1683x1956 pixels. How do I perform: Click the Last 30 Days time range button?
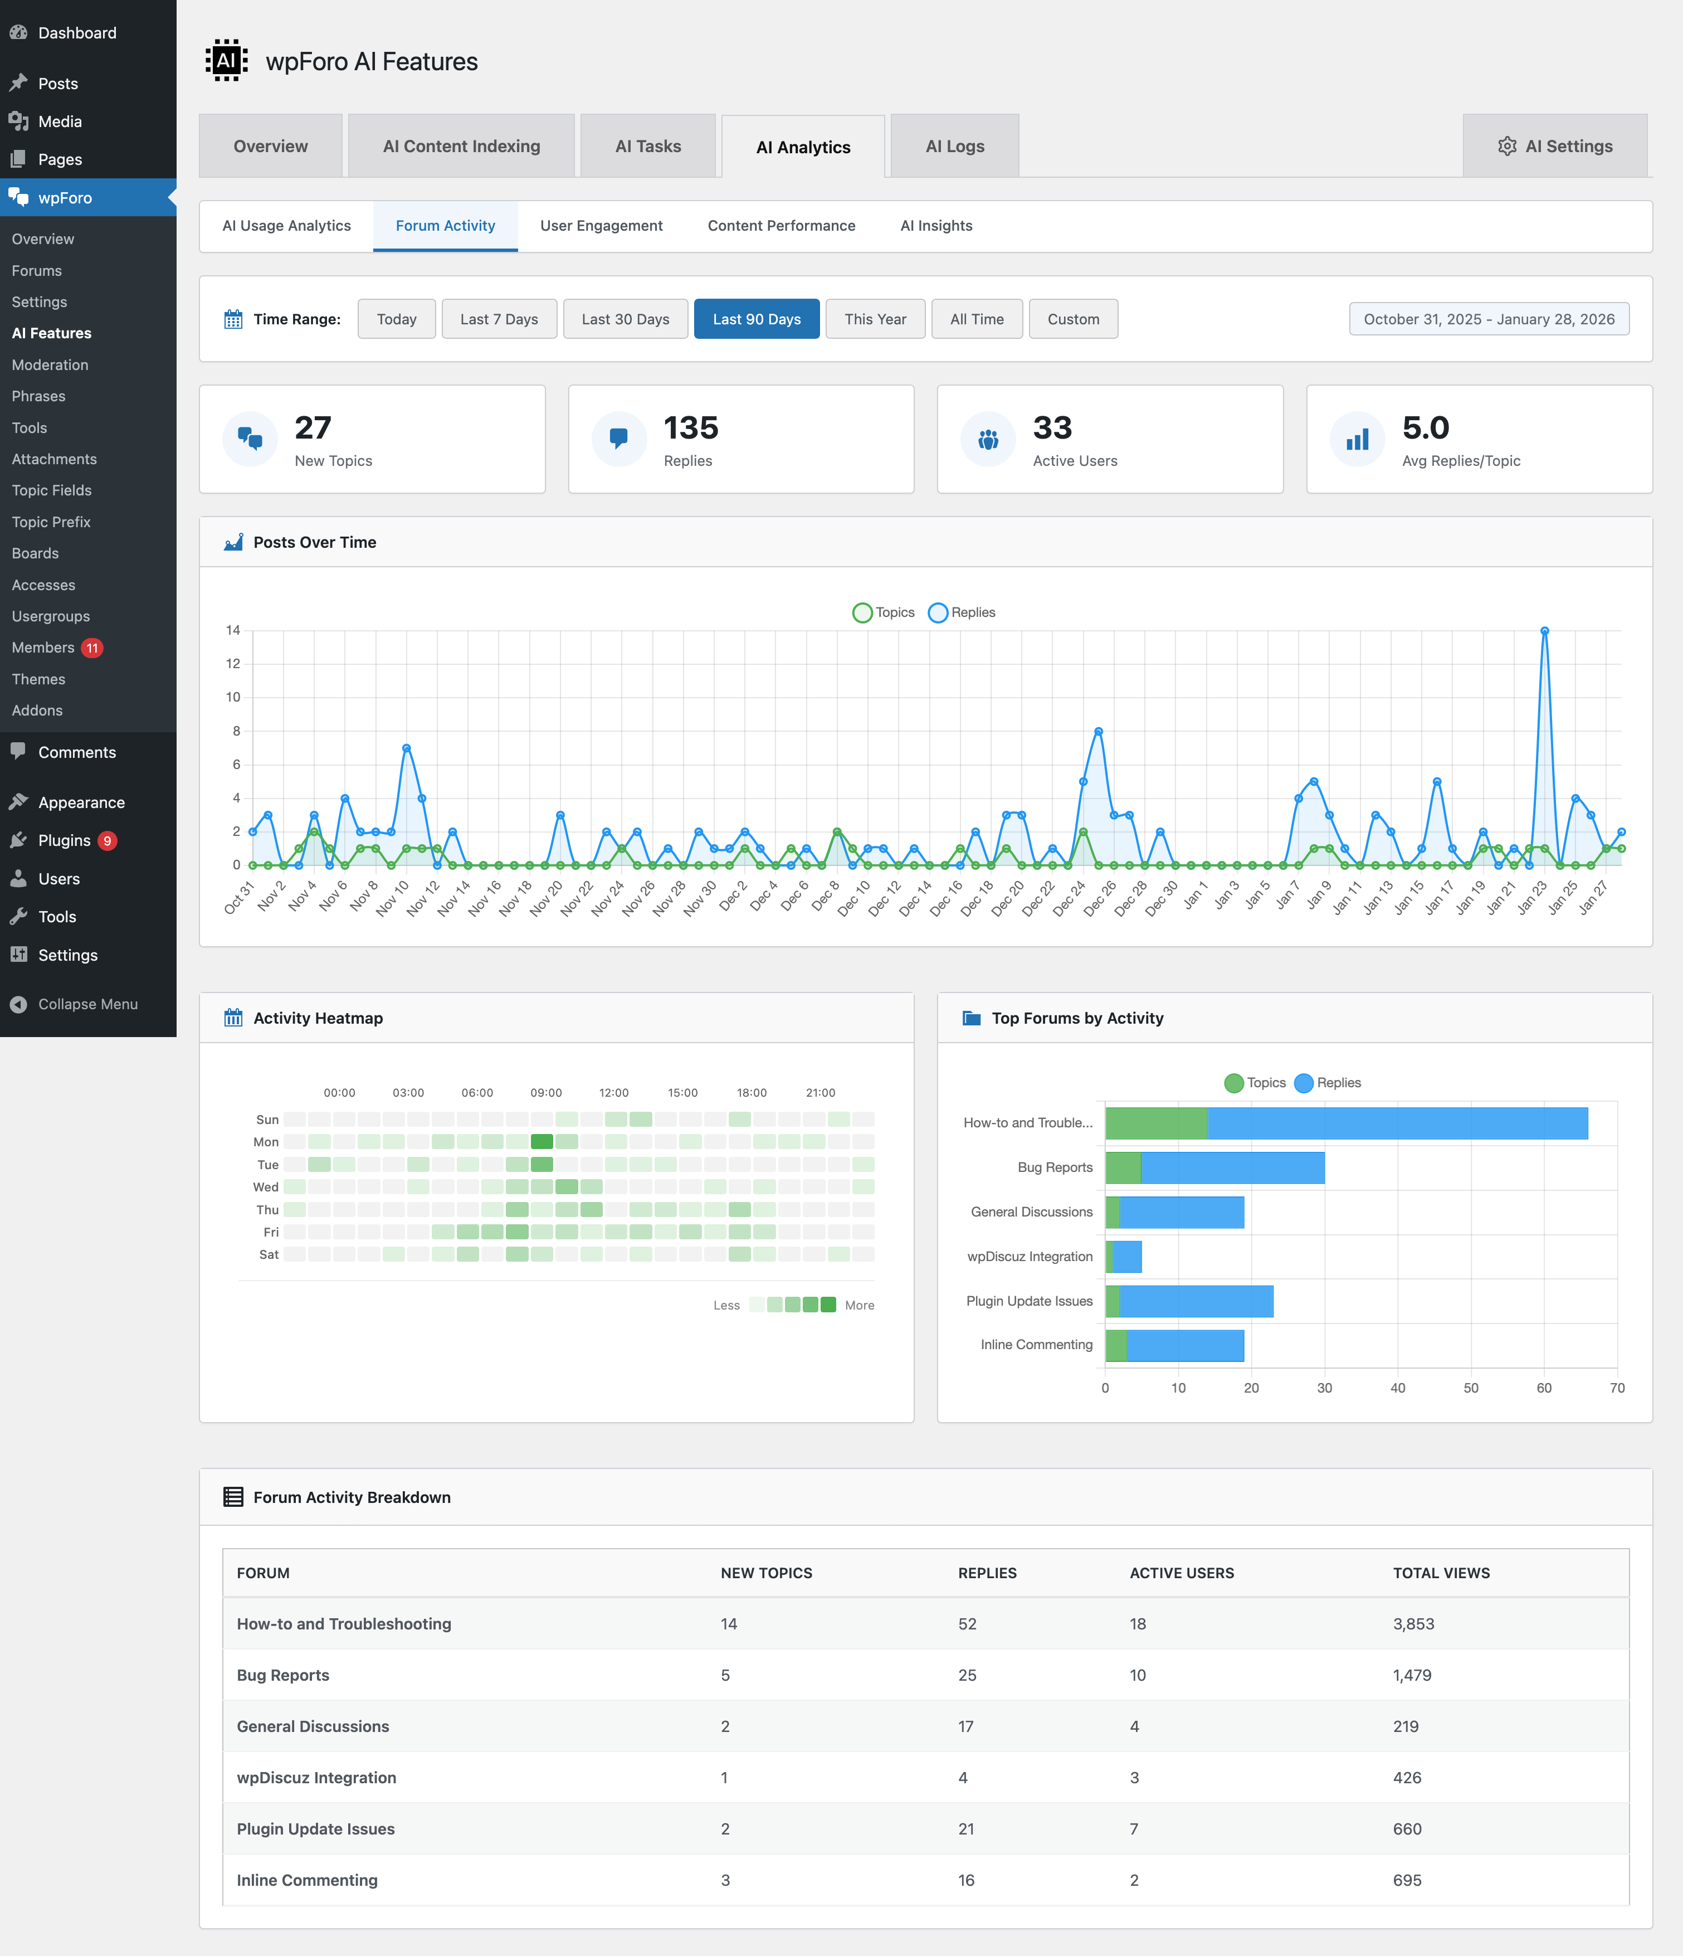click(625, 319)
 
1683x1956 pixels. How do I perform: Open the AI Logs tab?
click(954, 147)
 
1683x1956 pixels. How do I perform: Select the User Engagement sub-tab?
click(601, 226)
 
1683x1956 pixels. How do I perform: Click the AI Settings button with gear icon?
click(1555, 147)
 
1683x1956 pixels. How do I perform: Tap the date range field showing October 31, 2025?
click(1489, 319)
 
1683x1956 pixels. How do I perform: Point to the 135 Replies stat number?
click(691, 427)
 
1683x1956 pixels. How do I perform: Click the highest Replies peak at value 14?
click(1544, 631)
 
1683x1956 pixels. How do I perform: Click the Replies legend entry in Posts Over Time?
click(962, 612)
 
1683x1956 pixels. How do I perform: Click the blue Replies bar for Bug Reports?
click(1232, 1167)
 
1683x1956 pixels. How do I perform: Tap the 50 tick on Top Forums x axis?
click(1471, 1388)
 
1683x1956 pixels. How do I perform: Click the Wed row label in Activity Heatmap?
click(265, 1186)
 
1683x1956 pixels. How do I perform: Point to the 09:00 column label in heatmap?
click(545, 1092)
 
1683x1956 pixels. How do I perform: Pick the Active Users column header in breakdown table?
click(1182, 1573)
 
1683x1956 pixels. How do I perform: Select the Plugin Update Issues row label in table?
click(315, 1828)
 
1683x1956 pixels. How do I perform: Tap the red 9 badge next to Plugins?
click(108, 840)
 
